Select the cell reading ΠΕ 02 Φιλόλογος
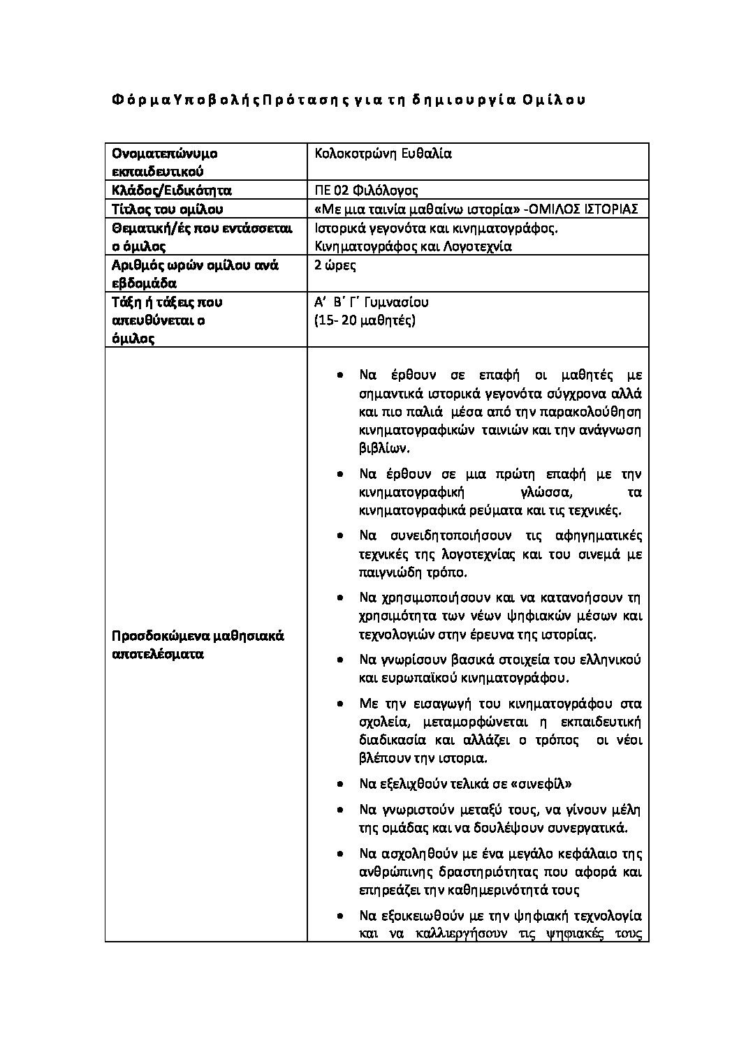(367, 191)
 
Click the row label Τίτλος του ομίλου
(167, 209)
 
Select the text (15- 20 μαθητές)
(365, 320)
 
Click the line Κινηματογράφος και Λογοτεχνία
(414, 246)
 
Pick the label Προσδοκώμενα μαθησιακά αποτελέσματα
(198, 646)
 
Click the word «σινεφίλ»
(542, 783)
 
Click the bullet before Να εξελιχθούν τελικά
(339, 784)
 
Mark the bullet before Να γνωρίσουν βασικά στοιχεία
(339, 660)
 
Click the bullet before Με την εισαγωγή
(339, 704)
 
